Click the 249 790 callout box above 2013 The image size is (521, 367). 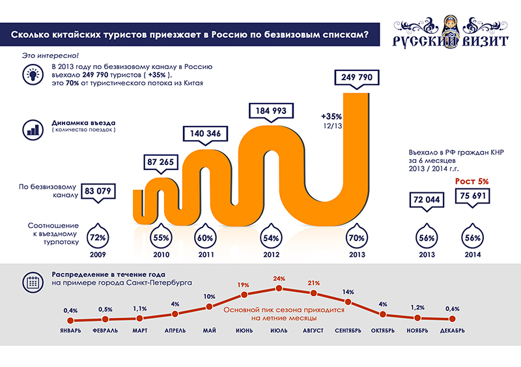click(x=356, y=78)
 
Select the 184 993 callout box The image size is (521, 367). click(x=270, y=111)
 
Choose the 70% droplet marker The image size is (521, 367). click(x=356, y=237)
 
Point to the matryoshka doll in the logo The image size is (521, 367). click(x=446, y=27)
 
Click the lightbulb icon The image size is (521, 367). click(x=31, y=75)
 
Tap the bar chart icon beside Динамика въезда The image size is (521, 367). click(x=31, y=128)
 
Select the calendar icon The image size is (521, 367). click(x=31, y=282)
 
